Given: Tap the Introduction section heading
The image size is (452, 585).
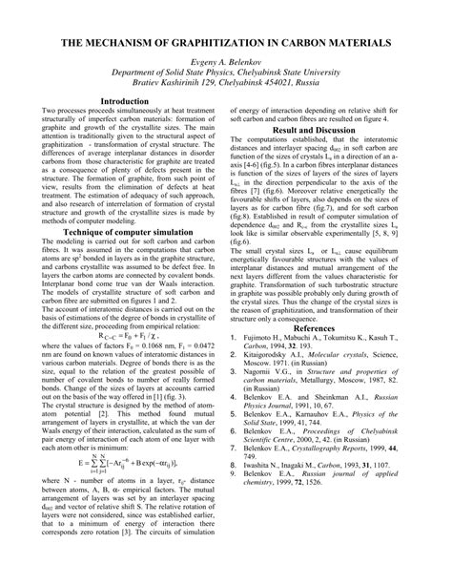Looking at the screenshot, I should [x=131, y=100].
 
